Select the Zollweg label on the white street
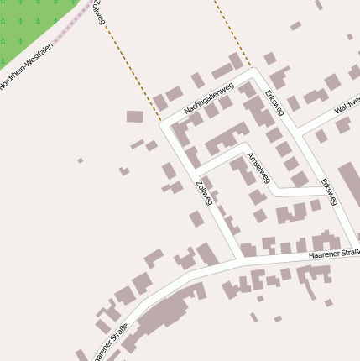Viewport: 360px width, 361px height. [202, 193]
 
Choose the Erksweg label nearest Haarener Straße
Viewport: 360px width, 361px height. [329, 192]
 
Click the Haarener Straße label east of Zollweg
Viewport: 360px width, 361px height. [333, 253]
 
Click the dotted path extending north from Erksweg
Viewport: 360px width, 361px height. [231, 34]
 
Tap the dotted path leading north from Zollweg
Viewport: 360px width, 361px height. [134, 67]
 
